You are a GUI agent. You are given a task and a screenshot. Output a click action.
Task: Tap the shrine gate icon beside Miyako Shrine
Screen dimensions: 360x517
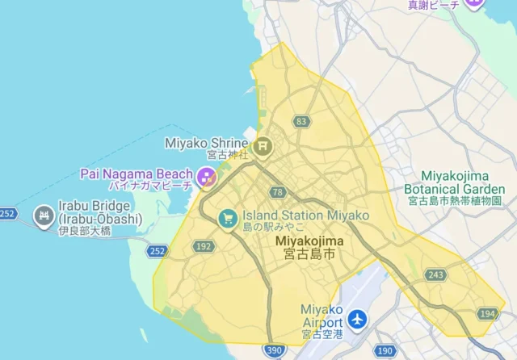click(262, 146)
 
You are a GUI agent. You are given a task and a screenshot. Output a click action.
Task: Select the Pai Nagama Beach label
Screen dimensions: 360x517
click(137, 174)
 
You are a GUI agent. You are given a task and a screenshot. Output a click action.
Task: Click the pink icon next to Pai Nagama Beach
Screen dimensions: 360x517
click(206, 174)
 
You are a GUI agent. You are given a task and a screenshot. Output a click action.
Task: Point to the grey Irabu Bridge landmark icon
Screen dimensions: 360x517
click(43, 216)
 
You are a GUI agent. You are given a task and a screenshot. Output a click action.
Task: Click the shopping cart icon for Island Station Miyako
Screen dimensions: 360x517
click(229, 217)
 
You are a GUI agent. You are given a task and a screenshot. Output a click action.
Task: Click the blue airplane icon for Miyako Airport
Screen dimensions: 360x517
click(357, 317)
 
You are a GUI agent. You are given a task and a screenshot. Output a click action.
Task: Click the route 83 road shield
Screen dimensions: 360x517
click(302, 122)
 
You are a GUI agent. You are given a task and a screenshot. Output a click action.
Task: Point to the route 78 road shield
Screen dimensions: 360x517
click(278, 192)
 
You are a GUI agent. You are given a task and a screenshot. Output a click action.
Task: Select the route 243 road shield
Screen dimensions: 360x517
click(435, 275)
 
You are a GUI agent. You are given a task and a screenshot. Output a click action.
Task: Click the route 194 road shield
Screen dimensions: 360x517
click(486, 313)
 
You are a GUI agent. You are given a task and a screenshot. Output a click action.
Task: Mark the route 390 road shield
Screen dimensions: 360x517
click(273, 350)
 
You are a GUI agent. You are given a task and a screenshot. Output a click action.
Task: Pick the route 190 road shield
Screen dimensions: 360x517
click(386, 350)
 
